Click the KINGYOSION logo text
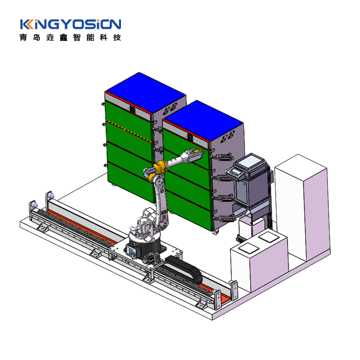pos(71,24)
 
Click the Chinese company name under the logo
pos(70,37)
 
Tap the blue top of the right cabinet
pos(203,120)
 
